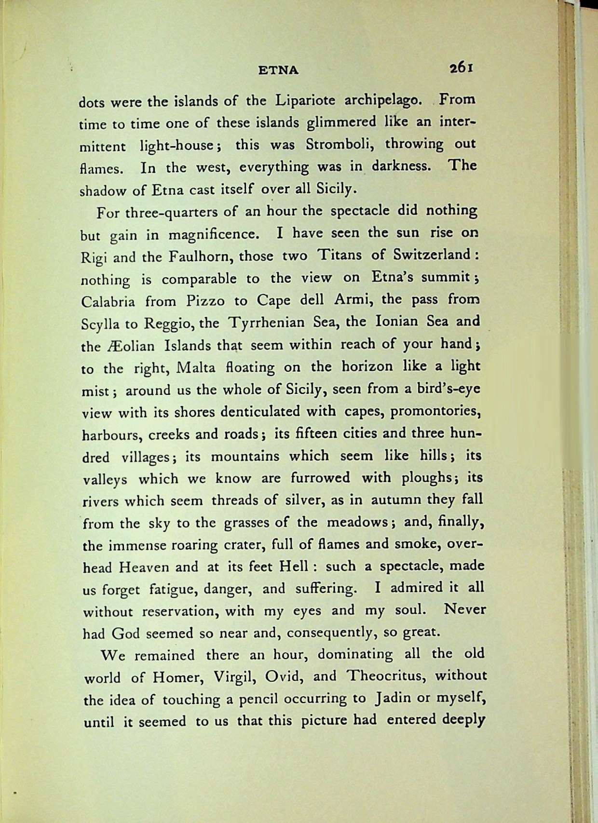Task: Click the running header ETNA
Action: (278, 71)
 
